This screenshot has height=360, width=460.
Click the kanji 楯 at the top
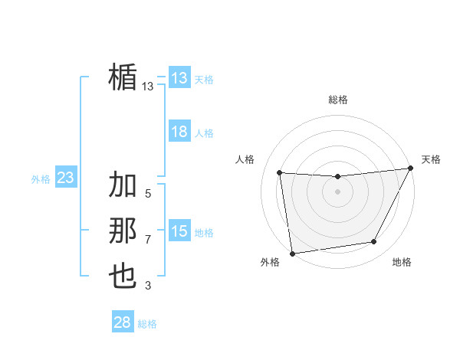point(123,77)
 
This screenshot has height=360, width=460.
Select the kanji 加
point(123,186)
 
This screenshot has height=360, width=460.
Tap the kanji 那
point(123,231)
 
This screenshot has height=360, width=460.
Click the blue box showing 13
point(179,78)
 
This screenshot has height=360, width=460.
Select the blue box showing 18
point(179,132)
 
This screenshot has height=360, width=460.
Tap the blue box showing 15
point(179,231)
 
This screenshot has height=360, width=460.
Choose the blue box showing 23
point(65,178)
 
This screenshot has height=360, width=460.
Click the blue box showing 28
point(122,322)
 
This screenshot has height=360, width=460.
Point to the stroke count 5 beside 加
point(148,194)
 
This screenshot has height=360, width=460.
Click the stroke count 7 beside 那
point(148,240)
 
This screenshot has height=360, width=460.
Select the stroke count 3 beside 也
point(148,286)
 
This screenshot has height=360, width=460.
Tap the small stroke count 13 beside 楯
point(148,87)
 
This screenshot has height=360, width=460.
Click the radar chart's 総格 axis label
point(337,100)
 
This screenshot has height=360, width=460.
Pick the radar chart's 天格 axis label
point(431,159)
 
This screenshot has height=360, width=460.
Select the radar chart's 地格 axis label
point(402,262)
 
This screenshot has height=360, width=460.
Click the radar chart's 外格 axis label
point(270,262)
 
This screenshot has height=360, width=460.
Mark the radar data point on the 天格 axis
point(411,169)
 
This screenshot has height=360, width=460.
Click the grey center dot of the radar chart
point(337,191)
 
